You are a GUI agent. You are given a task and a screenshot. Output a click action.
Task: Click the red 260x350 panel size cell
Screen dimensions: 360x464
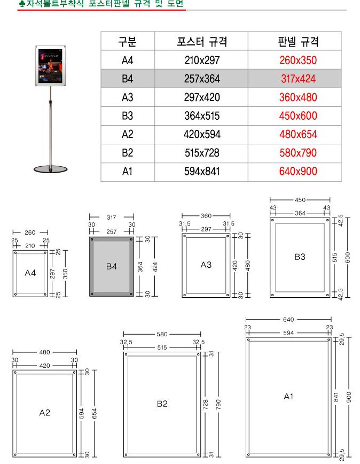[x=298, y=60]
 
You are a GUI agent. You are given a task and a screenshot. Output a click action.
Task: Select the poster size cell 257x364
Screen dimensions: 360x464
[x=202, y=79]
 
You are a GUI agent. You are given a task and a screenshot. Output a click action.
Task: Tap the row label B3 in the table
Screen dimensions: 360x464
[x=128, y=115]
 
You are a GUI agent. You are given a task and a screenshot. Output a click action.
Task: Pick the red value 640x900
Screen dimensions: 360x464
[x=298, y=172]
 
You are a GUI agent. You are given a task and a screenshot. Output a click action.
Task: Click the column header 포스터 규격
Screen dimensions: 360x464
[x=202, y=42]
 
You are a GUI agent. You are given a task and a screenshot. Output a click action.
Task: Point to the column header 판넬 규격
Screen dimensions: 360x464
[x=298, y=42]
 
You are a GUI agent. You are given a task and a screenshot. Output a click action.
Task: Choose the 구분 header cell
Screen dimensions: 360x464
[x=128, y=42]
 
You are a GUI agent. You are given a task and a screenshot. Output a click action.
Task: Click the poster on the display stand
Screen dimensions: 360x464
[x=51, y=66]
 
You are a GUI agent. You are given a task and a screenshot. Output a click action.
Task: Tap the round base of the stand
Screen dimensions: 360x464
[x=51, y=169]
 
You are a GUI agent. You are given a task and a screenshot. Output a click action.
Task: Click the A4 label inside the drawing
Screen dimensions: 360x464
[x=30, y=273]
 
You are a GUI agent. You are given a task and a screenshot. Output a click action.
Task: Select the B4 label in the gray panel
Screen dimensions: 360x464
[x=112, y=266]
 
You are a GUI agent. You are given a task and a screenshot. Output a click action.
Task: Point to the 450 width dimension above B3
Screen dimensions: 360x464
[x=300, y=200]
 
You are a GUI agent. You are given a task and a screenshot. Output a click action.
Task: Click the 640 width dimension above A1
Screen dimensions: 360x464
[x=288, y=319]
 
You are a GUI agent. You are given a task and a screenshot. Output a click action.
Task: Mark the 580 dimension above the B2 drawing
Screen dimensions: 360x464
[x=162, y=334]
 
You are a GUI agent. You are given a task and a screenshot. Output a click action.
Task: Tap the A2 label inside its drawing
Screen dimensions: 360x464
[x=45, y=413]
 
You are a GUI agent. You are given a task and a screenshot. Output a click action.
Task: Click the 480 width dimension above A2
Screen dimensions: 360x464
[x=45, y=352]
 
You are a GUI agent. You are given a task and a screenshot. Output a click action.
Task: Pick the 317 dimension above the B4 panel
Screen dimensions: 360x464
[x=112, y=217]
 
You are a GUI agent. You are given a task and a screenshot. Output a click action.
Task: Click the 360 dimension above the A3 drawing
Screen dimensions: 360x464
[x=206, y=216]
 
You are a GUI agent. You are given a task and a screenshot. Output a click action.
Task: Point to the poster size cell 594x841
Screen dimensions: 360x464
[x=202, y=172]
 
